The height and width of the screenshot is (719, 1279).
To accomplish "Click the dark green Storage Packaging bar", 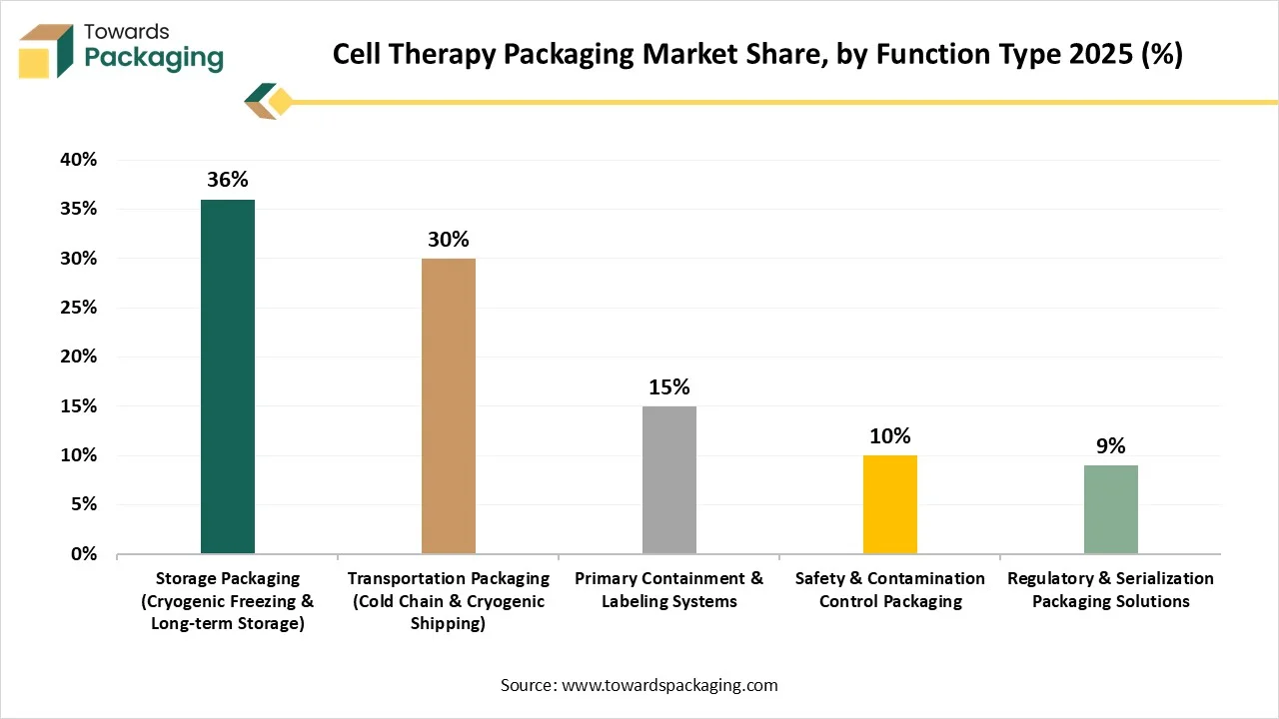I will point(228,376).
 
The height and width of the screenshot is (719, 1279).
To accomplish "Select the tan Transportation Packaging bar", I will point(449,406).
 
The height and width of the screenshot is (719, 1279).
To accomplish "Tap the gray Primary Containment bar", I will point(669,480).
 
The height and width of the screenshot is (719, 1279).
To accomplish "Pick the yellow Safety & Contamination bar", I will point(890,504).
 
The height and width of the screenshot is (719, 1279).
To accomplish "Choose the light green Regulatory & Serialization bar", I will point(1111,509).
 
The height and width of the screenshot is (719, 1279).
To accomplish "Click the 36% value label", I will point(228,181).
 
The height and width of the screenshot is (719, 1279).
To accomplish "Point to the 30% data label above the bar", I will point(449,240).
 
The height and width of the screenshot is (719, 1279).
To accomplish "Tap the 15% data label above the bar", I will point(669,387).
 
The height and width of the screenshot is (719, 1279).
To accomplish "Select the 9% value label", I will point(1111,446).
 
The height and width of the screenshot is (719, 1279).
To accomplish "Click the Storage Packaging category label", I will point(228,601).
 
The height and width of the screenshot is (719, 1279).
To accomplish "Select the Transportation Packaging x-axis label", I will point(449,601).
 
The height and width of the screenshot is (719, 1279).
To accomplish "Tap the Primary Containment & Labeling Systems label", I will point(669,589).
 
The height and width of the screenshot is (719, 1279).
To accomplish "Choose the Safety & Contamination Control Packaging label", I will point(890,589).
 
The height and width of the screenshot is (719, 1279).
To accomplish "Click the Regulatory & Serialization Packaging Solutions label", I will point(1111,589).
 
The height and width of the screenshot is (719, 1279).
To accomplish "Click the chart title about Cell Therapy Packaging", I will point(757,55).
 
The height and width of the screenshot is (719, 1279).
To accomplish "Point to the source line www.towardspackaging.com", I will point(639,685).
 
